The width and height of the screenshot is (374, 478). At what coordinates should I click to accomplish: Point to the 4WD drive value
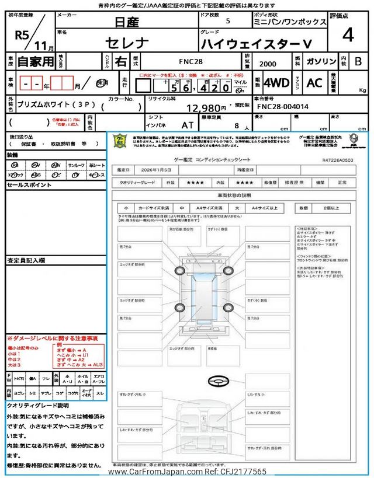276,83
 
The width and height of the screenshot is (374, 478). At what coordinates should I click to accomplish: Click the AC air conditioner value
314,83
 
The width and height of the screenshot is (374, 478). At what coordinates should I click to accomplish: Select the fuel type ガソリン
322,61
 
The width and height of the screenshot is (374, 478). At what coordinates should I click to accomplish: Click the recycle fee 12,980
206,107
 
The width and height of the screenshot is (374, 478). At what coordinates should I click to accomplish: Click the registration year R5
22,35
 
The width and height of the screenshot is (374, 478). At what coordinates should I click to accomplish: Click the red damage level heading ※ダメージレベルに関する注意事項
53,339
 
